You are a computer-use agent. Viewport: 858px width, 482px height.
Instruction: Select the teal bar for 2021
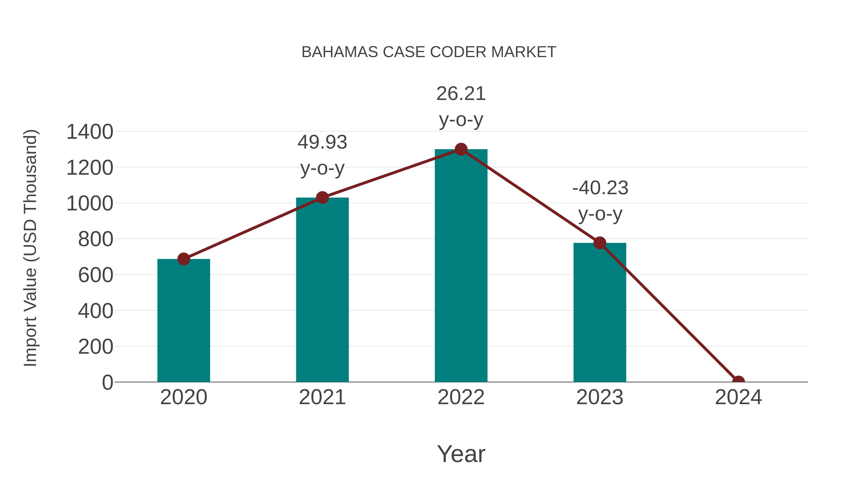click(322, 290)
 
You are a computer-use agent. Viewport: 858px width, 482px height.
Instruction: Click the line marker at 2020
click(184, 259)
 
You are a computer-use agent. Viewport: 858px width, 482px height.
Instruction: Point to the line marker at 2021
click(322, 198)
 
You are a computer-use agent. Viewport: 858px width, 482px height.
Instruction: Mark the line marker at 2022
click(461, 149)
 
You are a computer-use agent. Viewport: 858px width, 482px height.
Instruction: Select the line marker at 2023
click(600, 243)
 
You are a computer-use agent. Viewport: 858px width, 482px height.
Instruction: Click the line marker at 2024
click(738, 381)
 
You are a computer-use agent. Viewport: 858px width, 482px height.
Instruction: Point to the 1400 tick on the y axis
click(90, 132)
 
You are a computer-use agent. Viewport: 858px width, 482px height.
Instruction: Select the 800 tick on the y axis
click(96, 239)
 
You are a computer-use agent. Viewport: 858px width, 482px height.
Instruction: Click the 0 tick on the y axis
click(107, 382)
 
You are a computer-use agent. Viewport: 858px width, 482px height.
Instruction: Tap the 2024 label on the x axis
click(738, 397)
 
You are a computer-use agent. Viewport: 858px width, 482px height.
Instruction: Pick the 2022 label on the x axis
click(461, 397)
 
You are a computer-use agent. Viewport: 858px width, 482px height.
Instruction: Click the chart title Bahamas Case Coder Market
click(429, 52)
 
